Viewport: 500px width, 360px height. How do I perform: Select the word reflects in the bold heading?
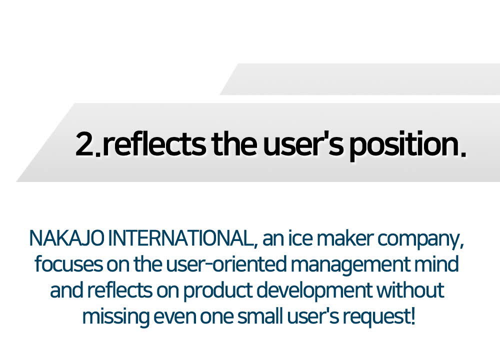point(154,143)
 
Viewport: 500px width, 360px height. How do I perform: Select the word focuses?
point(68,264)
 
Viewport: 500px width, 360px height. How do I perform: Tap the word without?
point(410,290)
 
